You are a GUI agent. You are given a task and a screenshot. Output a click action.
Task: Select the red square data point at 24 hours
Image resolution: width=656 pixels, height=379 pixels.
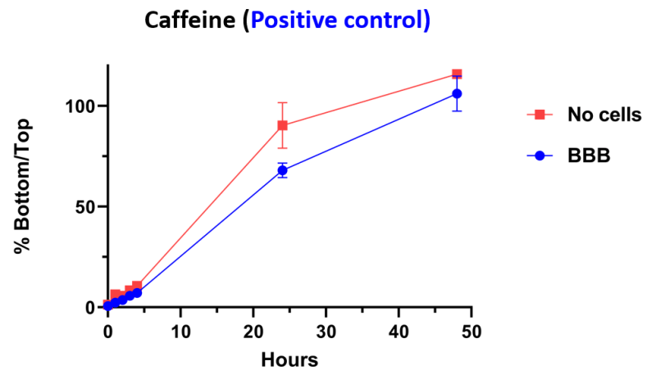pos(282,125)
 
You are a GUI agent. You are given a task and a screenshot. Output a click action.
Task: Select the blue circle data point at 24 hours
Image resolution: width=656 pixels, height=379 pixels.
pos(282,170)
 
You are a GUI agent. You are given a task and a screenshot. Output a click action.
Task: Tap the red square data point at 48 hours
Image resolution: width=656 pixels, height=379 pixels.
pos(457,74)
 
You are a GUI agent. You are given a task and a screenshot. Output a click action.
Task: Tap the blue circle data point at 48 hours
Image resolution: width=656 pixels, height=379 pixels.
pos(457,93)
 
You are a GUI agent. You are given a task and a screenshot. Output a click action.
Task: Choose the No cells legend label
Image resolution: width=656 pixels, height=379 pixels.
pos(604,115)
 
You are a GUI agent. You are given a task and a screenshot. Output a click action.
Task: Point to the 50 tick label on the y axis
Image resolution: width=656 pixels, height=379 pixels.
pos(85,207)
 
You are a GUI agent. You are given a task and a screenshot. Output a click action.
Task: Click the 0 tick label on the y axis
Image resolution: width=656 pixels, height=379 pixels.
pos(91,308)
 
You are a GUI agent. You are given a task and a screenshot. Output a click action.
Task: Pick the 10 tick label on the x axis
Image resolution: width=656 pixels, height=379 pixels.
pos(180,332)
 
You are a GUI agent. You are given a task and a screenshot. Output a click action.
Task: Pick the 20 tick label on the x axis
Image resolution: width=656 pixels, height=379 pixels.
pos(253,332)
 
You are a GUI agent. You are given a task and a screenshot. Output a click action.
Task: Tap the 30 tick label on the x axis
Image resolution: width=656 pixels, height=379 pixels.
pos(326,332)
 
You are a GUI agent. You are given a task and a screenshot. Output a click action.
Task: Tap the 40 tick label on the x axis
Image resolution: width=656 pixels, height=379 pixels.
pos(399,332)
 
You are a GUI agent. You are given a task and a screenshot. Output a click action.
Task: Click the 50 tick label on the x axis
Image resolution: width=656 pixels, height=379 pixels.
pos(471,332)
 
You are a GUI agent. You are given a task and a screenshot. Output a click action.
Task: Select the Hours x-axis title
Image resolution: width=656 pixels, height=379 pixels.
pos(289,359)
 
